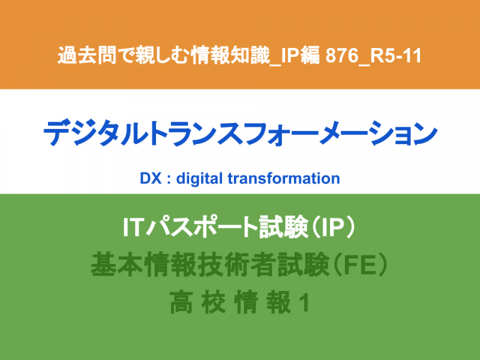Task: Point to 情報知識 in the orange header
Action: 230,55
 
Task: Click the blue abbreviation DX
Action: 151,178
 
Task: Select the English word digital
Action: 199,179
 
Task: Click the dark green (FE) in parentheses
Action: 361,265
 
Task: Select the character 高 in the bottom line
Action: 181,302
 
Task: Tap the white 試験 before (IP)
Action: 283,227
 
